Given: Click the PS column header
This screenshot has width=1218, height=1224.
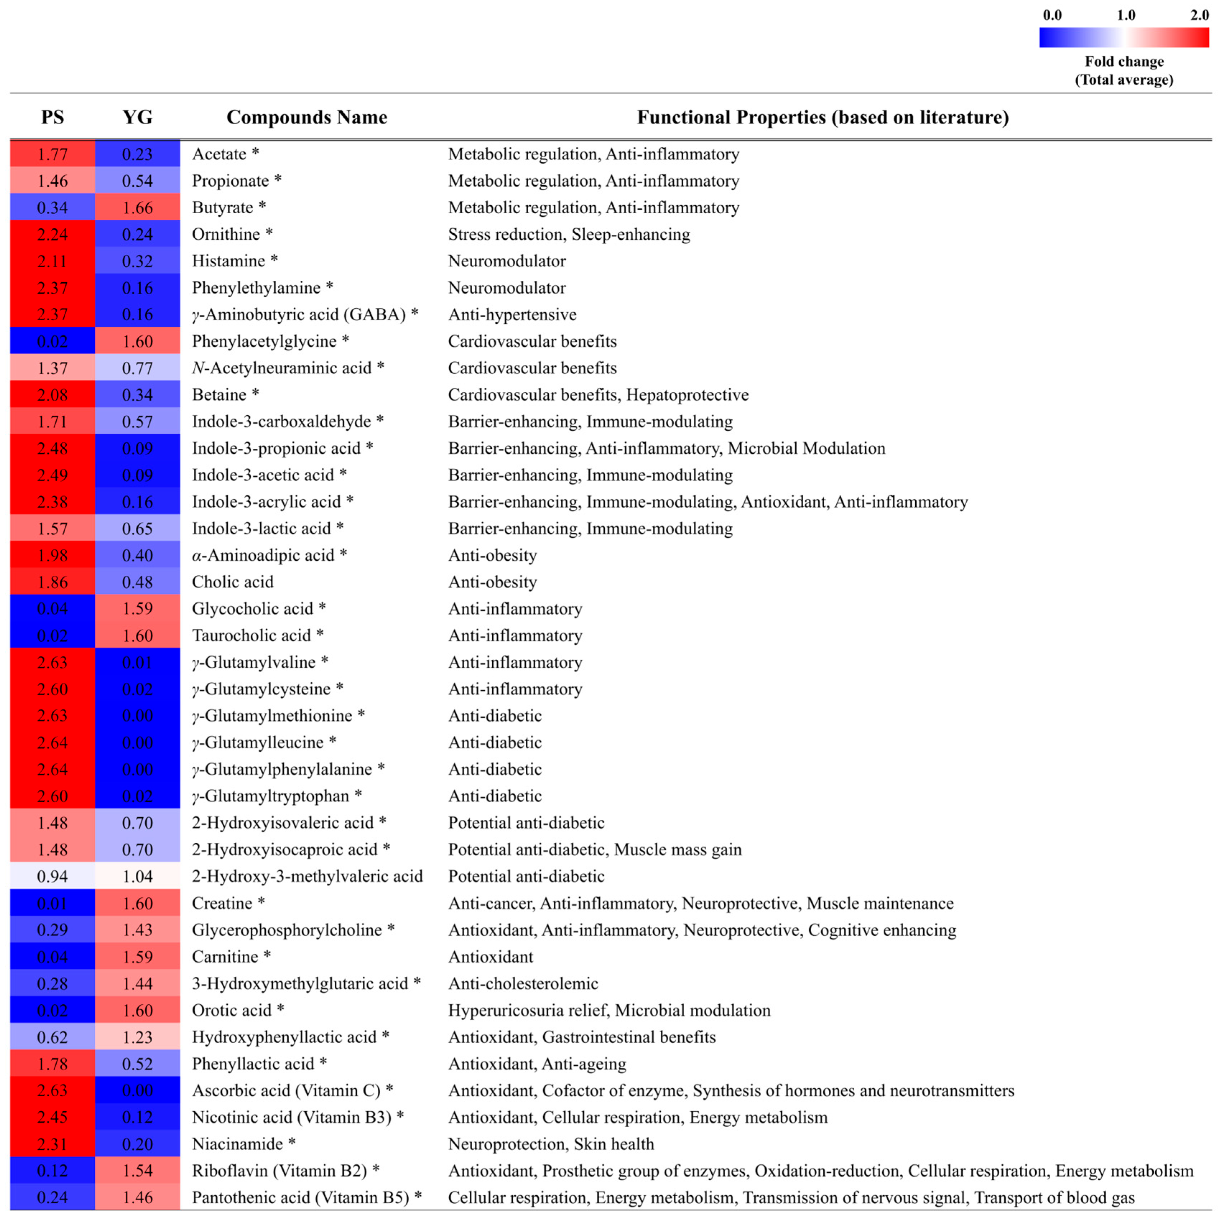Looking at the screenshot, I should [x=52, y=117].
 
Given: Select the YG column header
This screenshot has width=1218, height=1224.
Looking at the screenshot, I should [x=138, y=117].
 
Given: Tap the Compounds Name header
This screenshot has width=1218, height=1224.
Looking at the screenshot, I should [x=307, y=117].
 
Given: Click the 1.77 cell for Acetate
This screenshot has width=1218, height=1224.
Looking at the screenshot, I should [x=52, y=154].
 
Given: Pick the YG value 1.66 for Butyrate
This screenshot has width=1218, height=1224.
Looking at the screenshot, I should [x=138, y=208].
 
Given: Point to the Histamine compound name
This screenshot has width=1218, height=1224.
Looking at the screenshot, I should [x=229, y=261].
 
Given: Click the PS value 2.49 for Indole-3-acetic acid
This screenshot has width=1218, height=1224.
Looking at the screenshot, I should [x=52, y=475].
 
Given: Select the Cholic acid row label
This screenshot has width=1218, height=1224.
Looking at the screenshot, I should [x=233, y=581].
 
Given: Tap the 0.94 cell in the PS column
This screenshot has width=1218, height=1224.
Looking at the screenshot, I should [x=52, y=876].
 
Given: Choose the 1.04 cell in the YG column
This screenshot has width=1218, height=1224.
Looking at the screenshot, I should [x=138, y=876].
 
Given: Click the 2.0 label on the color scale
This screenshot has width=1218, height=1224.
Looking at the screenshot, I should [x=1199, y=15].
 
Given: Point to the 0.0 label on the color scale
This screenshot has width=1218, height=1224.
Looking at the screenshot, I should [x=1052, y=15].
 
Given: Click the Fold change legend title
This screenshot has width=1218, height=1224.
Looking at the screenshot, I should [x=1124, y=70].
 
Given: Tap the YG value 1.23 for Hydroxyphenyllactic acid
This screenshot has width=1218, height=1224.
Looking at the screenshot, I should [x=138, y=1037].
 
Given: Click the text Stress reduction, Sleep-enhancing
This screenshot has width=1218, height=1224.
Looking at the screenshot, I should [x=569, y=234].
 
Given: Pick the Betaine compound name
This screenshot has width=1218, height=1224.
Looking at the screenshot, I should [x=219, y=395].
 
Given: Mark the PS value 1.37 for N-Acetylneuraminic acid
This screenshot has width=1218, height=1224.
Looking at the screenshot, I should [x=52, y=368].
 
